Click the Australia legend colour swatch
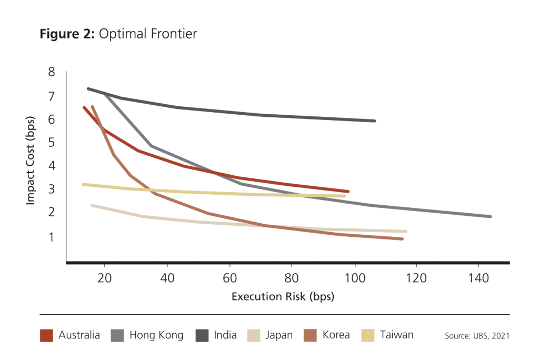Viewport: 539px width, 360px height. point(47,335)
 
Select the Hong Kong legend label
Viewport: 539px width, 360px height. point(156,335)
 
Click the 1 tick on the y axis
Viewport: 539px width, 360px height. point(52,237)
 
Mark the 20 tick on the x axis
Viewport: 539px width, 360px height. point(105,278)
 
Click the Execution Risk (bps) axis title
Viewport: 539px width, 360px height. point(283,296)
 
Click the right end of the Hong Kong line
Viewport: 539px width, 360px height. point(490,216)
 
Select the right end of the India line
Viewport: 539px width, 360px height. point(374,121)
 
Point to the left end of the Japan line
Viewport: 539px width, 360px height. point(92,205)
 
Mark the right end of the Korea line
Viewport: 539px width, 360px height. point(402,239)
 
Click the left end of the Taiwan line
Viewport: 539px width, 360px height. point(83,184)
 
